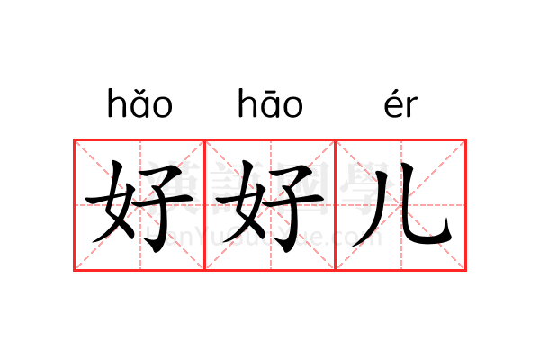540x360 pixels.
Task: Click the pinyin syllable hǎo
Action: tap(139, 103)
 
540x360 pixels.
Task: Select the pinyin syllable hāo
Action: tap(270, 103)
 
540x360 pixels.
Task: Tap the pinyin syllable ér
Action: tap(400, 104)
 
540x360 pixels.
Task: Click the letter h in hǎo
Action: tap(116, 103)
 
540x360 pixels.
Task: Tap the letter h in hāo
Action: tap(247, 103)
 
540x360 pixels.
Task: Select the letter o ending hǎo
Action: tap(163, 107)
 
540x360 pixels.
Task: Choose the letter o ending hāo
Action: tap(293, 107)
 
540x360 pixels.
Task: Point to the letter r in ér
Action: tap(411, 107)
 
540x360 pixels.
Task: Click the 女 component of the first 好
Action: tap(110, 202)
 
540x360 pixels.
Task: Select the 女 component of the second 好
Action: tap(240, 202)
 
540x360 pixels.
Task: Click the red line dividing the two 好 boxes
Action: tap(205, 205)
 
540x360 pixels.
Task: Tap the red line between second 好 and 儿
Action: tap(336, 205)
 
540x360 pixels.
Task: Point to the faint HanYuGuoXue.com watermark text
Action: tap(264, 237)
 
